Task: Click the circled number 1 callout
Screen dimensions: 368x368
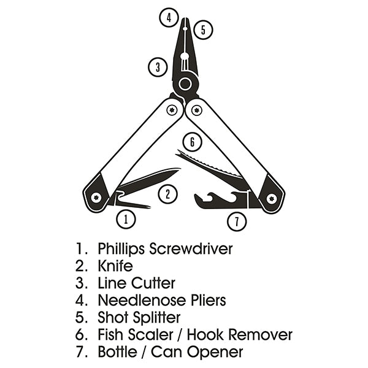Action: pos(125,218)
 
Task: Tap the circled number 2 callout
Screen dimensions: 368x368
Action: pos(167,194)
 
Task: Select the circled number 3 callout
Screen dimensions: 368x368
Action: pos(158,66)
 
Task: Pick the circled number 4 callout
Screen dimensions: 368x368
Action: pos(169,17)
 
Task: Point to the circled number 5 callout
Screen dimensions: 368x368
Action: pos(203,29)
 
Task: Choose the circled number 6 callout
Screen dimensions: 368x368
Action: pos(192,143)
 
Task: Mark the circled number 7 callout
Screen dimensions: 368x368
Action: pos(237,221)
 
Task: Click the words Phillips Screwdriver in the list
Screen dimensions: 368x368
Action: pos(165,249)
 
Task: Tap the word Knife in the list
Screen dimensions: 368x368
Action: pos(115,266)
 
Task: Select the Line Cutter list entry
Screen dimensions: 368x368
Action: pos(136,283)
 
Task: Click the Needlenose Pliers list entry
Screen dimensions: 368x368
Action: pos(161,301)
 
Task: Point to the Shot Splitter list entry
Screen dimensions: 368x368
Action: pos(139,318)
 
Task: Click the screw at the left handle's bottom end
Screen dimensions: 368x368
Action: pos(96,197)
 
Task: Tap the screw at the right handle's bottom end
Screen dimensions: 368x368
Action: pos(271,197)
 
